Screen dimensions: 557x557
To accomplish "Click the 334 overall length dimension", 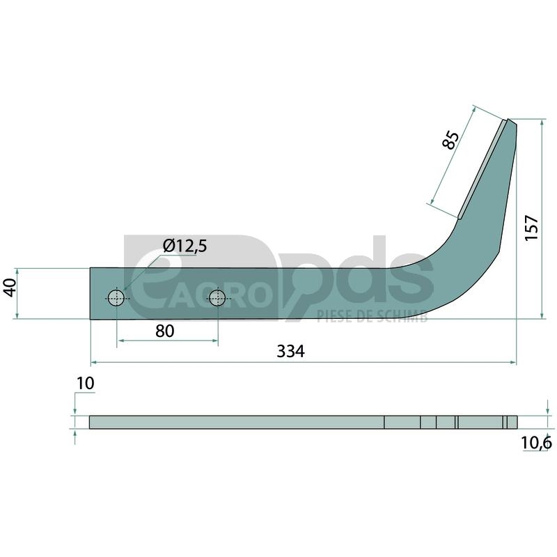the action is click(x=290, y=352).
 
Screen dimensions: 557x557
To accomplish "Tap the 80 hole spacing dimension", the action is click(x=165, y=331).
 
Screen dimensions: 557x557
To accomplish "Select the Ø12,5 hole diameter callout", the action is click(x=185, y=246).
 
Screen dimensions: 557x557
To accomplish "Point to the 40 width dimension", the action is click(x=11, y=288).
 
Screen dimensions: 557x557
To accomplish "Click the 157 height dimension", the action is click(x=532, y=228).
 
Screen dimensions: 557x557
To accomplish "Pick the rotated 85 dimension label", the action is click(x=450, y=140).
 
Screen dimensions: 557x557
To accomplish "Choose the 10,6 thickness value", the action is click(x=536, y=443).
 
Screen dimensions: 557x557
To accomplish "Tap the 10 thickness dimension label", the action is click(x=85, y=384).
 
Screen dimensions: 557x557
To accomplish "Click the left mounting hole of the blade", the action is click(x=116, y=298).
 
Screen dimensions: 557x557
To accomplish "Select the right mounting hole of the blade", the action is click(x=217, y=298).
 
